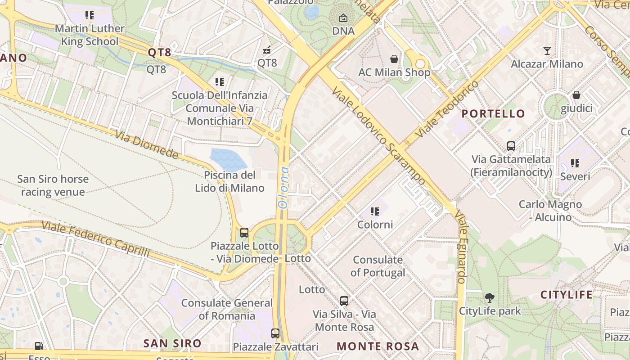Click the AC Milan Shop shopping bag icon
coord(394,59)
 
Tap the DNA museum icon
coord(343,18)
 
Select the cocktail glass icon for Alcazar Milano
coord(547,51)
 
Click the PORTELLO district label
coord(493,114)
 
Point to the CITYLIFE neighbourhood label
coord(567,295)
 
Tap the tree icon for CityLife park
coord(490,297)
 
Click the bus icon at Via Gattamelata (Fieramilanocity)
coord(511,146)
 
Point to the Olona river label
coord(283,187)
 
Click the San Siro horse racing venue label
coord(53,185)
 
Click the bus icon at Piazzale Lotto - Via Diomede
coord(244,233)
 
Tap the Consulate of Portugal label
coord(378,266)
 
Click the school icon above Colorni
coord(375,211)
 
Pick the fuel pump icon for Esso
coord(40,346)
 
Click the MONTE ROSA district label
coord(378,346)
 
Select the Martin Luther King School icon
coord(90,15)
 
